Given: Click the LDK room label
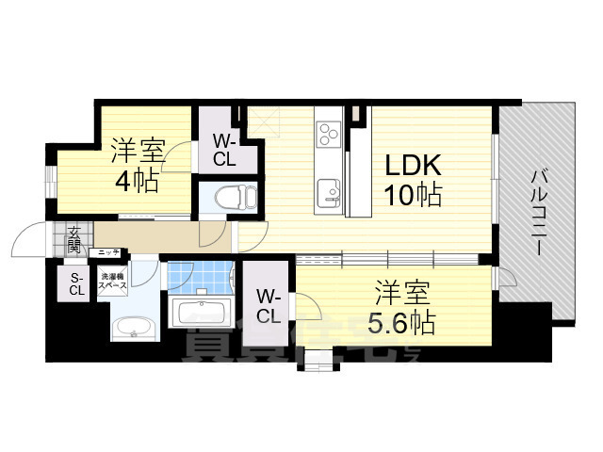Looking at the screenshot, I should click(412, 167).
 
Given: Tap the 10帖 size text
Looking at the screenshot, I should click(412, 197).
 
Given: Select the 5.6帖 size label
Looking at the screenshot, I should click(400, 323).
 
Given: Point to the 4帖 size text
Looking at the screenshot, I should click(139, 182).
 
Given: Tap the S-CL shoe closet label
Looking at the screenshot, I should click(76, 283).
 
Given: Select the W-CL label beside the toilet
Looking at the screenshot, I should click(223, 150).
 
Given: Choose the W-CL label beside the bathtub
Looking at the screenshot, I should click(269, 304).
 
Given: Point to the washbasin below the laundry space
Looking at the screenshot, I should click(129, 328).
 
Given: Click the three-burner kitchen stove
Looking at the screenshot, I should click(329, 133).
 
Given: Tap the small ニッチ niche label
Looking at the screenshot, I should click(109, 252).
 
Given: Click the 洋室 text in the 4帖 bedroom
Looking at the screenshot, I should click(139, 150).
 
